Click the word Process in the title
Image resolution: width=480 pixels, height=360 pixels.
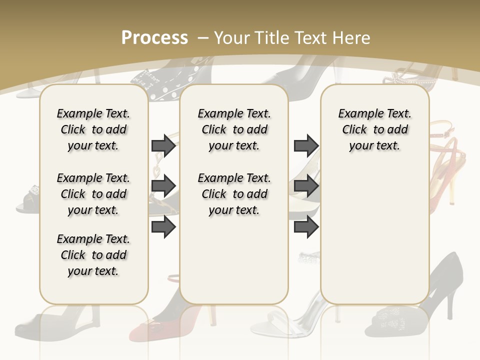tap(154, 37)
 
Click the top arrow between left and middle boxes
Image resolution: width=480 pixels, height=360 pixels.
tap(163, 145)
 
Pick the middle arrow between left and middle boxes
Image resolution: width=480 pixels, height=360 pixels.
tap(163, 186)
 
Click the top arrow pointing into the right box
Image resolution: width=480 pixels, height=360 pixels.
tap(306, 145)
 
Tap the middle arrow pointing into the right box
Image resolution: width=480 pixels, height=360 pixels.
tap(306, 186)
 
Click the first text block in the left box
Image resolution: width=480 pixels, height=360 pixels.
tap(93, 129)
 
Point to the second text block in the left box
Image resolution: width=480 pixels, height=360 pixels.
tap(93, 194)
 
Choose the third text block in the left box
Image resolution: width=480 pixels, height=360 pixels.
tap(93, 255)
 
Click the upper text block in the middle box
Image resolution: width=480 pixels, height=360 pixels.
tap(234, 129)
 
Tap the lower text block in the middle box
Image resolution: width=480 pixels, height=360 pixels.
tap(234, 194)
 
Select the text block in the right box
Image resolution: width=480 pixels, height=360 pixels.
tap(374, 129)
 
